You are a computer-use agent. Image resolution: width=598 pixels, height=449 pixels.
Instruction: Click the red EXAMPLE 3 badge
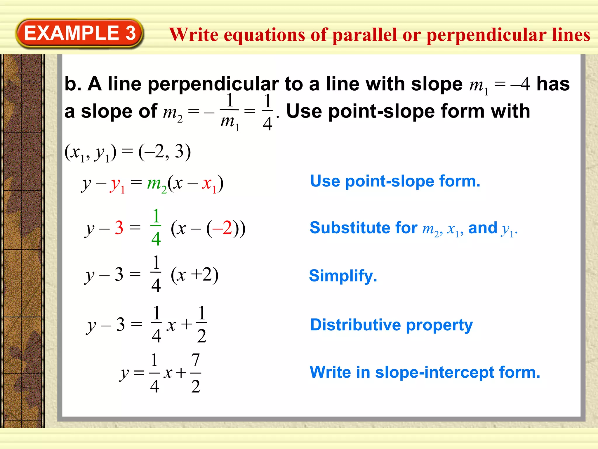[x=79, y=33]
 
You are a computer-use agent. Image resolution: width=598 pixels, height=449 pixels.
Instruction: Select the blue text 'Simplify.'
[x=343, y=276]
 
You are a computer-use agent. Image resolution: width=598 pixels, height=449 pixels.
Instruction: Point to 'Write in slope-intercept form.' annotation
[x=425, y=372]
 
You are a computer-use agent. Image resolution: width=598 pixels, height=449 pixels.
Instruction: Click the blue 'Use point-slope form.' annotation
[x=395, y=181]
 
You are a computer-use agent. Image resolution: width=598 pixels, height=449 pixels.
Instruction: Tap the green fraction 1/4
[x=156, y=228]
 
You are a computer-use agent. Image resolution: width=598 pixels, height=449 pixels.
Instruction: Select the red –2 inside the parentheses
[x=222, y=228]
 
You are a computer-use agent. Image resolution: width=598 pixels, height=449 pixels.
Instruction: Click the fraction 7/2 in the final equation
[x=196, y=373]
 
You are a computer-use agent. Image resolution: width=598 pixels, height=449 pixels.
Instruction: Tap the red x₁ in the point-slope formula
[x=209, y=184]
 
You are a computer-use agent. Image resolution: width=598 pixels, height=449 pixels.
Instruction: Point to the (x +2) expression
[x=194, y=275]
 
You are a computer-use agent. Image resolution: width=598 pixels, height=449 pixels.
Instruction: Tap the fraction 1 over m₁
[x=230, y=111]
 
